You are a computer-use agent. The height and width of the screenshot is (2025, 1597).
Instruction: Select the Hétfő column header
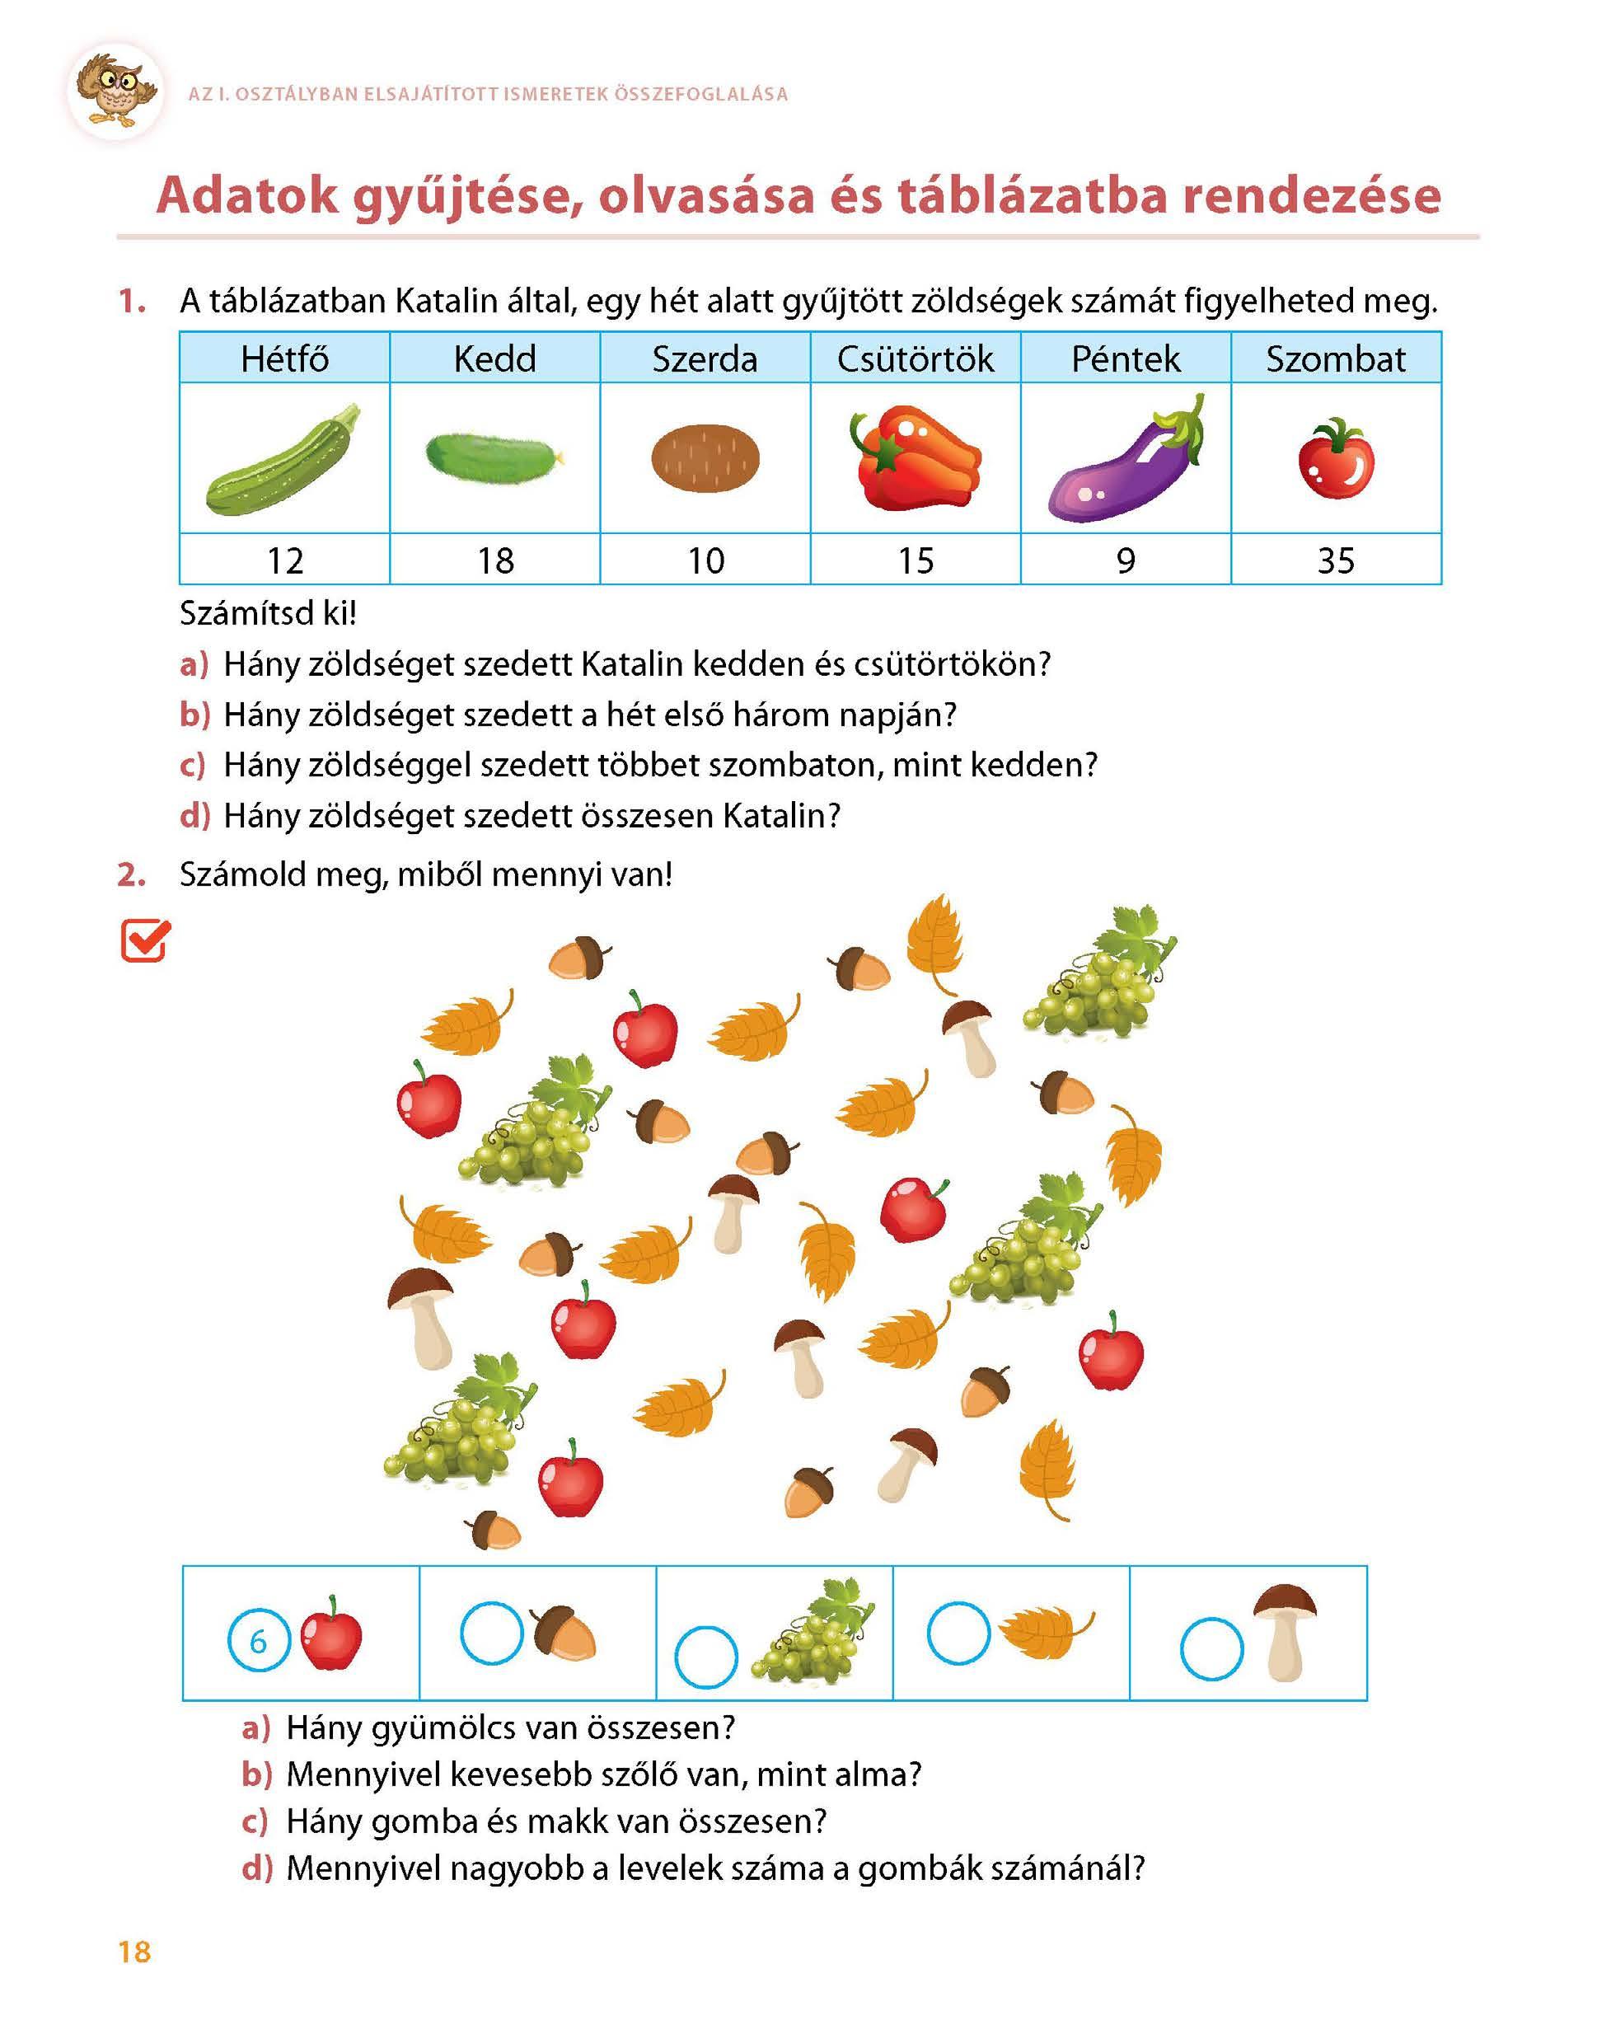(284, 359)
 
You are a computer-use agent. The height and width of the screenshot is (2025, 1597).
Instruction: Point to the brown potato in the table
(705, 458)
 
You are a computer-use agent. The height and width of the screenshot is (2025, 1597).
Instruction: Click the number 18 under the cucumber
(495, 561)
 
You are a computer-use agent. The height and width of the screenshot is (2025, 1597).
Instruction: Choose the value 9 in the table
(1126, 561)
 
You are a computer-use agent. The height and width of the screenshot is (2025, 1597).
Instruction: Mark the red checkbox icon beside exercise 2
(145, 940)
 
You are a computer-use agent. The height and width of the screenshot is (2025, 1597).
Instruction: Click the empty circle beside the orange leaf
(958, 1634)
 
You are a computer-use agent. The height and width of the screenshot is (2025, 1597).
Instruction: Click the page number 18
(134, 1952)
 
